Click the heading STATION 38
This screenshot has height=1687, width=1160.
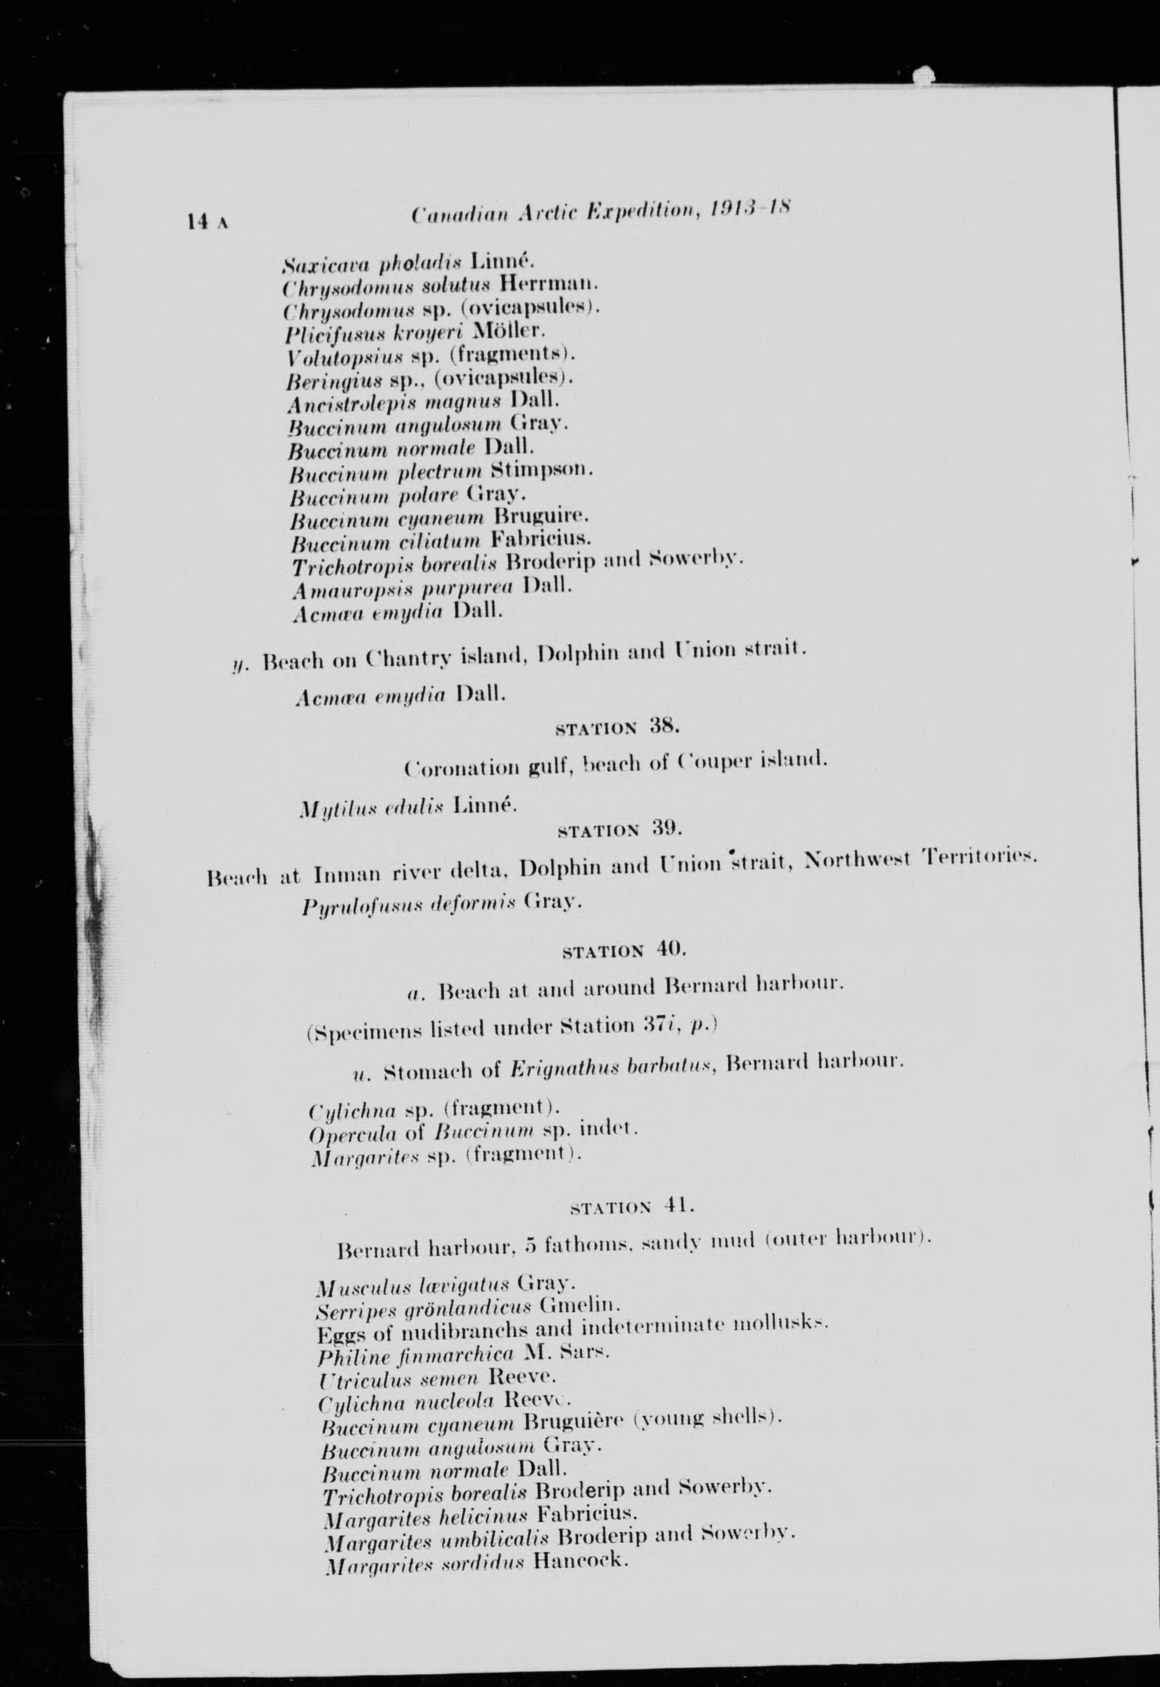[616, 727]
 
